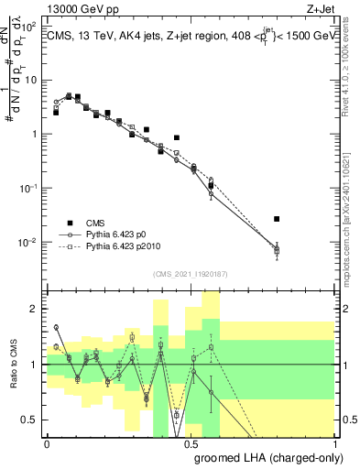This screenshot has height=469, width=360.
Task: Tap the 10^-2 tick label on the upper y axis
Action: [x=29, y=243]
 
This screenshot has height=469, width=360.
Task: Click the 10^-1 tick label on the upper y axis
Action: [x=29, y=188]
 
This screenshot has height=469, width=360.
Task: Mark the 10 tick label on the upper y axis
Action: [x=31, y=80]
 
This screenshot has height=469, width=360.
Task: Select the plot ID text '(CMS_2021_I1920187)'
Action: [x=191, y=274]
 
